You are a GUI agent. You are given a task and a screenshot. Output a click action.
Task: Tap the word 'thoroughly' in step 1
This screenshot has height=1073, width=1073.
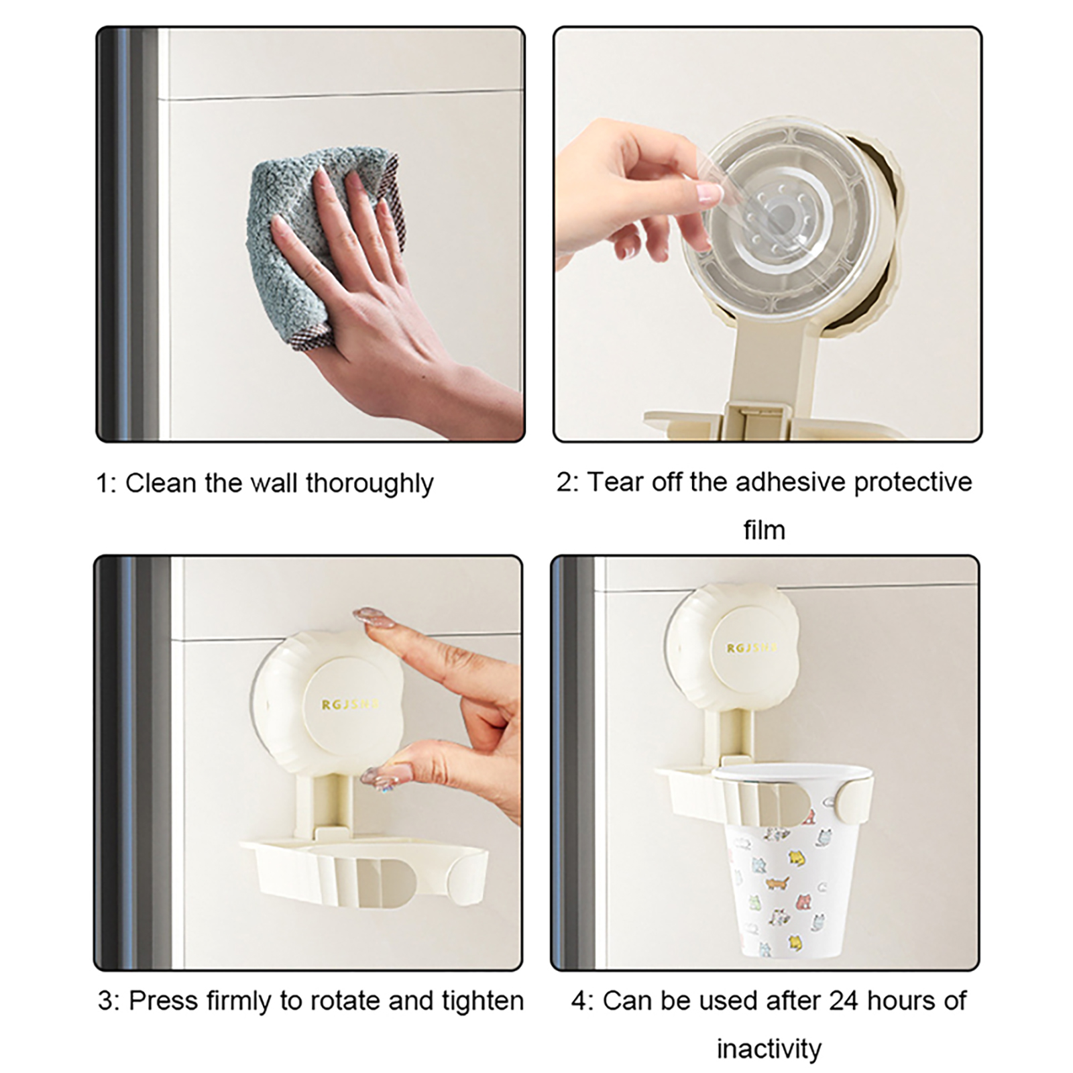tap(370, 484)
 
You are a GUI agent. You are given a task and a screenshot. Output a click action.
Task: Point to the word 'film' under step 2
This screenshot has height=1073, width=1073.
tap(764, 530)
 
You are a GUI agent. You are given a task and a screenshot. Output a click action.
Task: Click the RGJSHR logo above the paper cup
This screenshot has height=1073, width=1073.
tap(752, 648)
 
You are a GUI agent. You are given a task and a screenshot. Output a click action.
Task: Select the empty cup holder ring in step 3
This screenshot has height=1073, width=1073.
tap(365, 872)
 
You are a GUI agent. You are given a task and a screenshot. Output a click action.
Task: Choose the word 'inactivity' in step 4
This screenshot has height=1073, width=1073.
tap(769, 1049)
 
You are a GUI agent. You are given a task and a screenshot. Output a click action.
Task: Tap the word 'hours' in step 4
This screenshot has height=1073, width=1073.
tap(898, 1001)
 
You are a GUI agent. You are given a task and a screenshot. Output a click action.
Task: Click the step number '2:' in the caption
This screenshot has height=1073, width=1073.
tap(567, 483)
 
